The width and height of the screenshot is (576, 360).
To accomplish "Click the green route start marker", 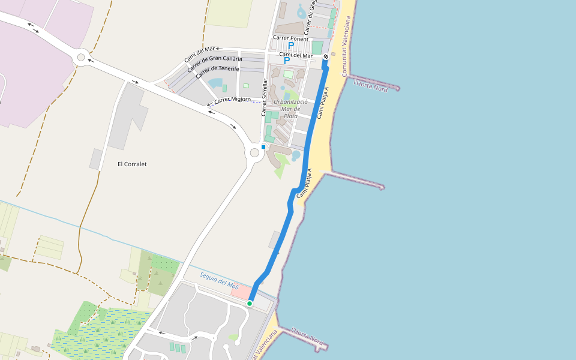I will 250,304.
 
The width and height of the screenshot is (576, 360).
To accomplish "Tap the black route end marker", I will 326,57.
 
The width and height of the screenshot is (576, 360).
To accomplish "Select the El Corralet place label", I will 132,164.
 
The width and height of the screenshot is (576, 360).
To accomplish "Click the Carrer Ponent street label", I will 290,38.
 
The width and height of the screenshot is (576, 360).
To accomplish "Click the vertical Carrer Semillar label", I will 263,98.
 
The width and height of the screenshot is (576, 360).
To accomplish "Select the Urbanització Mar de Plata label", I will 291,109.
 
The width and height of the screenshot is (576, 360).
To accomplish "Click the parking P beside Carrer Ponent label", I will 291,46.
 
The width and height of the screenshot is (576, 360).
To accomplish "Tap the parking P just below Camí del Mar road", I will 287,61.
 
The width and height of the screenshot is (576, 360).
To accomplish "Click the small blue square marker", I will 263,146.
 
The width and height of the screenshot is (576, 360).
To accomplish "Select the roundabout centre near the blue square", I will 254,153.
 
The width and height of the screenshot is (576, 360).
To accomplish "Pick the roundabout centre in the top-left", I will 81,57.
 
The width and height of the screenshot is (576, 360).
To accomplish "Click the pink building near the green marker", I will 241,292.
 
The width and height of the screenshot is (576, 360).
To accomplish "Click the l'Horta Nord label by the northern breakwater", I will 371,85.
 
